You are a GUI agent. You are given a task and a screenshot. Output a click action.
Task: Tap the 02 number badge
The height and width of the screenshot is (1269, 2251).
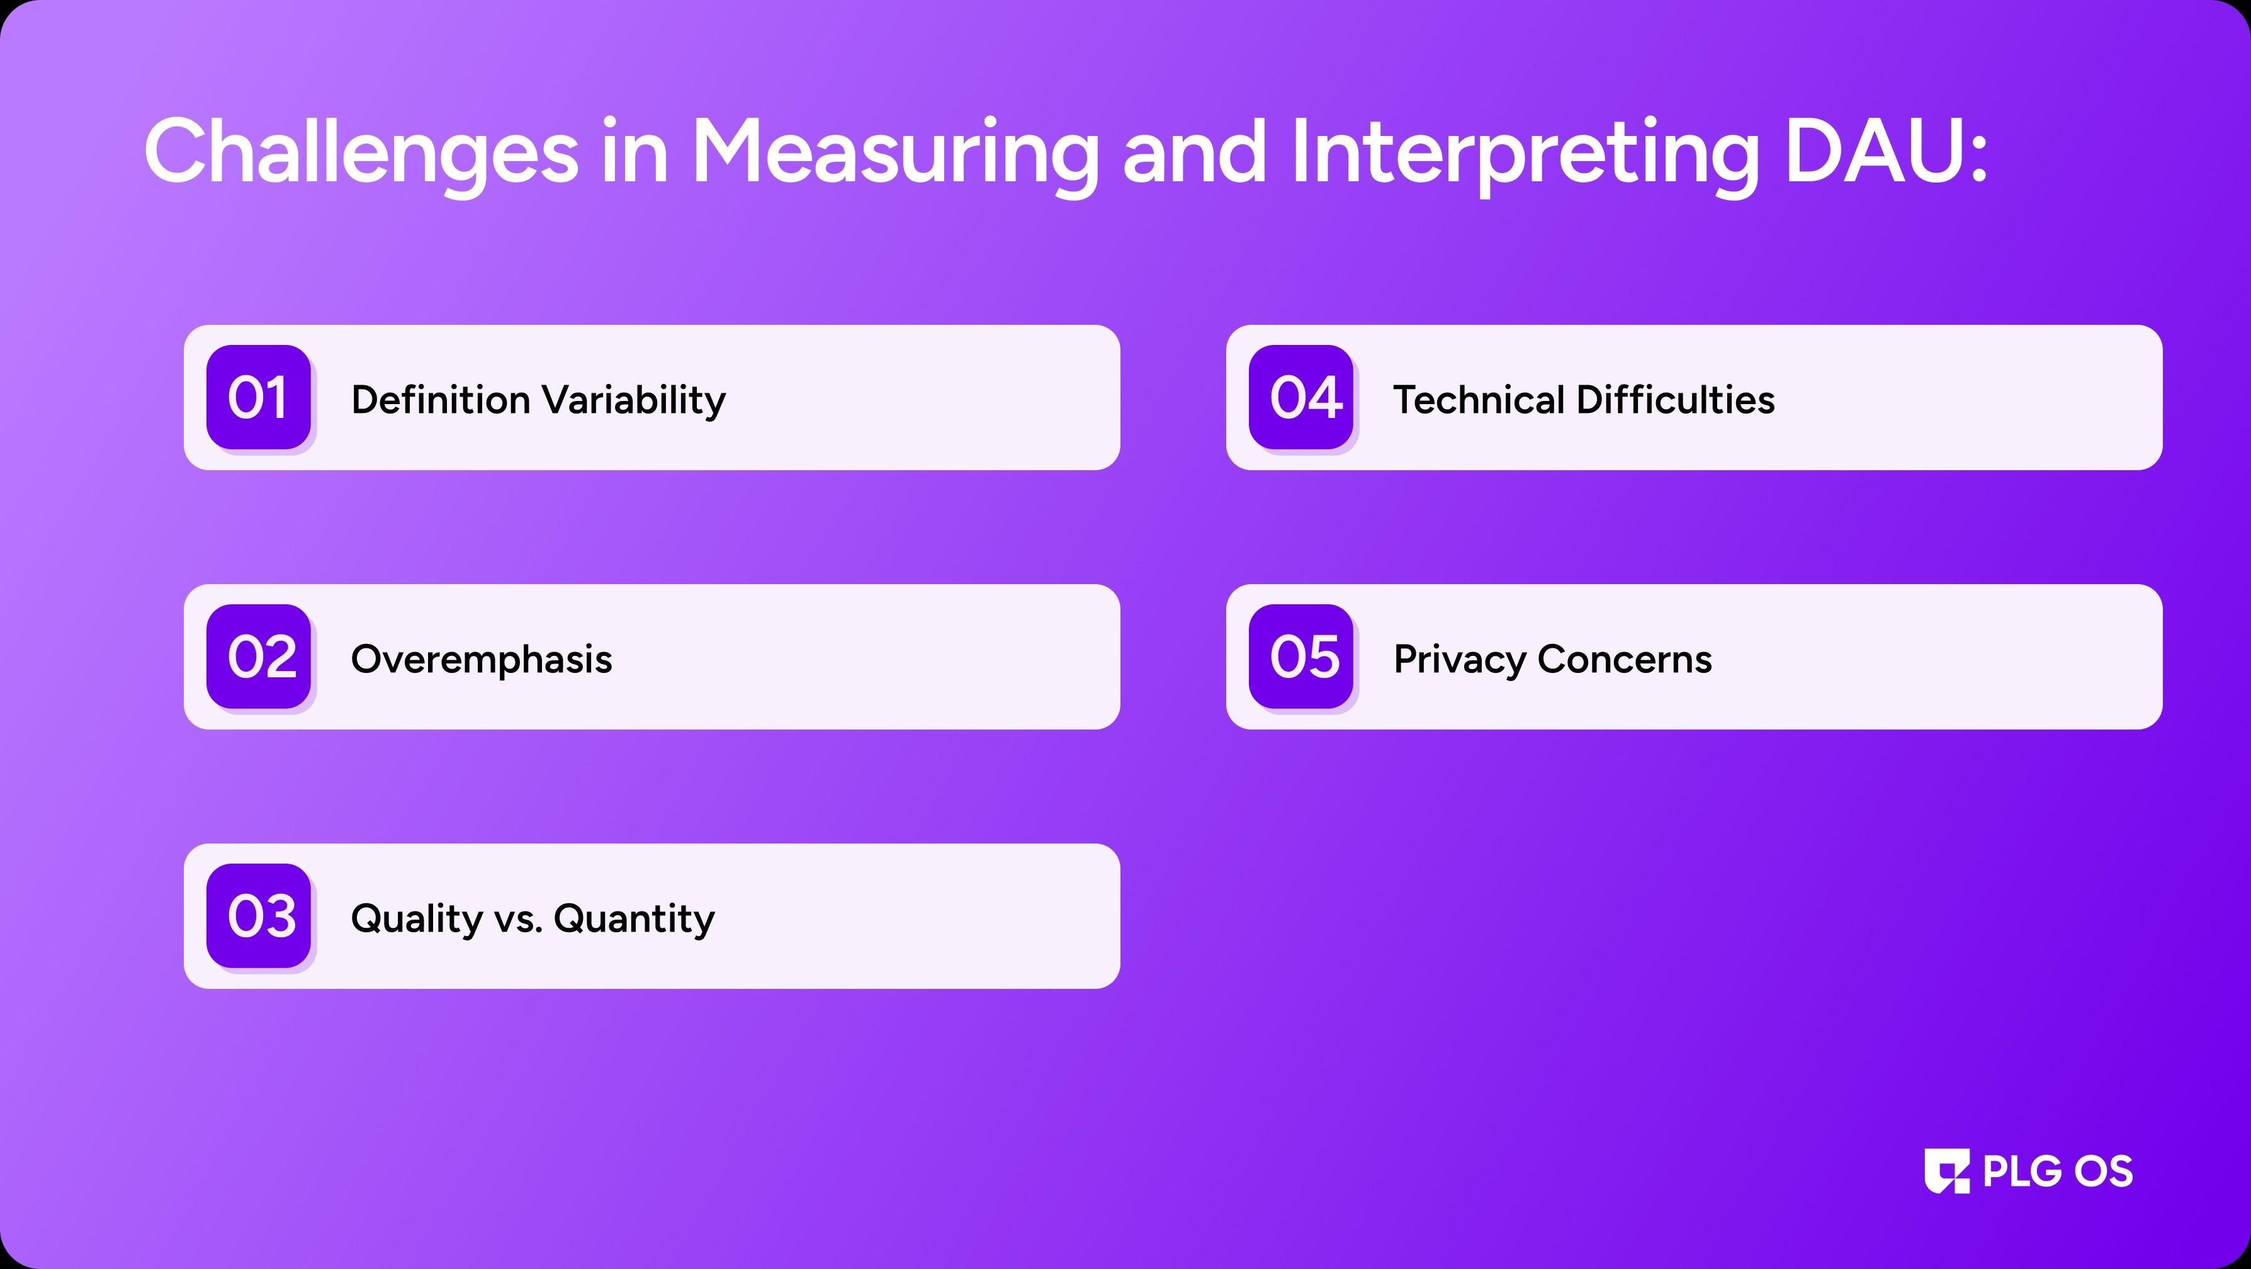[x=259, y=657]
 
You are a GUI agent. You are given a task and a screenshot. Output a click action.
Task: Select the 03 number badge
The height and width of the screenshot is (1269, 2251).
[x=259, y=916]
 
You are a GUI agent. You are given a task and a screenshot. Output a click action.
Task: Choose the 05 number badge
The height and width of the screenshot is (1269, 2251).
[x=1301, y=657]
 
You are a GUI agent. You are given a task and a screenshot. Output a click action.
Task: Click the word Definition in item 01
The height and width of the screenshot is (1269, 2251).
[x=441, y=400]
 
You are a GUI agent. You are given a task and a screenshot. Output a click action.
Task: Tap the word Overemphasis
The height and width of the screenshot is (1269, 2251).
[x=482, y=660]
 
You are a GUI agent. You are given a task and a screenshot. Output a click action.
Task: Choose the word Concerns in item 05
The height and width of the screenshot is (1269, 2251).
[x=1625, y=660]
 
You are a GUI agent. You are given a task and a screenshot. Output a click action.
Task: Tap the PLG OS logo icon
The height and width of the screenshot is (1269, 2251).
[x=1947, y=1171]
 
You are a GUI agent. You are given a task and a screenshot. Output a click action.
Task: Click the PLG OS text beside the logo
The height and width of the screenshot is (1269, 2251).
[x=2058, y=1171]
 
